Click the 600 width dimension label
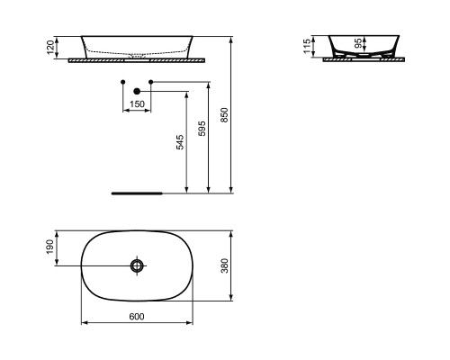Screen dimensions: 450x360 [137, 317]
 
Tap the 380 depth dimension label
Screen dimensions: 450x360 [224, 265]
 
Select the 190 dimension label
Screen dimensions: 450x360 [50, 247]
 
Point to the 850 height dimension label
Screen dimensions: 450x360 [224, 115]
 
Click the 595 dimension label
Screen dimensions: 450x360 [202, 129]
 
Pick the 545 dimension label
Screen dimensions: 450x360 [179, 142]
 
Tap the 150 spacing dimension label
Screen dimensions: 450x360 [137, 104]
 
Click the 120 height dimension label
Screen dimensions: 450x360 [50, 48]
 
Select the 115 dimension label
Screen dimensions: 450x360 [307, 46]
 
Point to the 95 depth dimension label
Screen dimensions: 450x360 [358, 43]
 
